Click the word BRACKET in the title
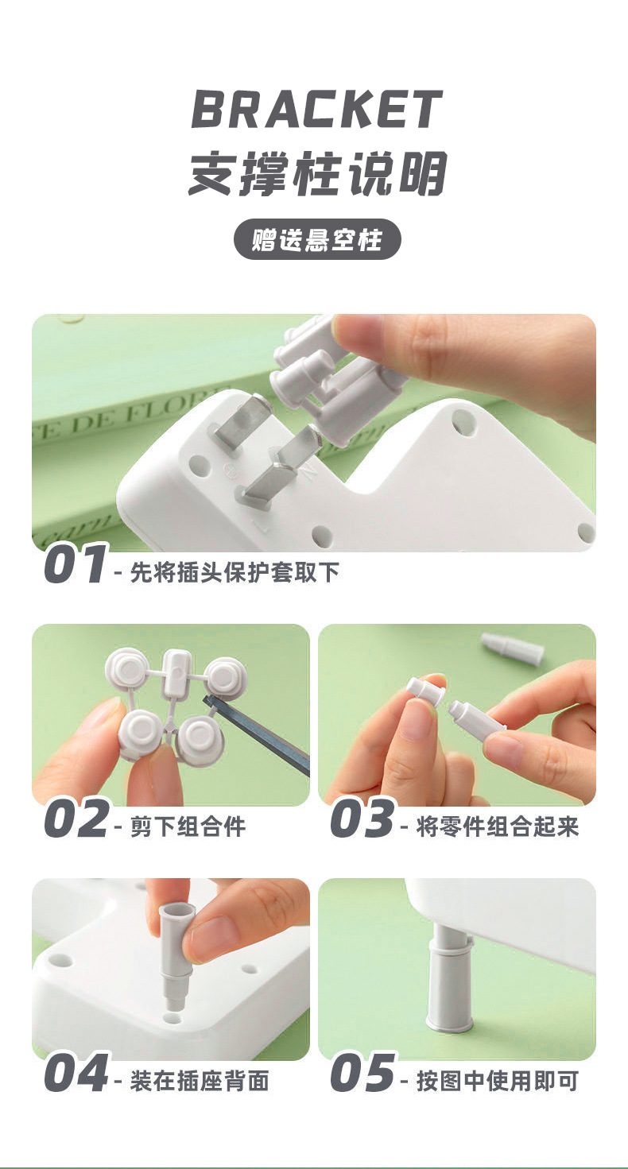(x=316, y=110)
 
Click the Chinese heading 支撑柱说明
(x=316, y=173)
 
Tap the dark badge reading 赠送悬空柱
(x=316, y=239)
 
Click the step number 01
(x=74, y=565)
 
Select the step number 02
(x=76, y=819)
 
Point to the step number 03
(x=362, y=819)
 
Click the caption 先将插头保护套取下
(x=234, y=572)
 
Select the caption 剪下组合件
(x=188, y=826)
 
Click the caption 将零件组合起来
(x=498, y=826)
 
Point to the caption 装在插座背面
(x=199, y=1081)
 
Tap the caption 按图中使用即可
(x=498, y=1081)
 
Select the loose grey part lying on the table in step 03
(x=513, y=648)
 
